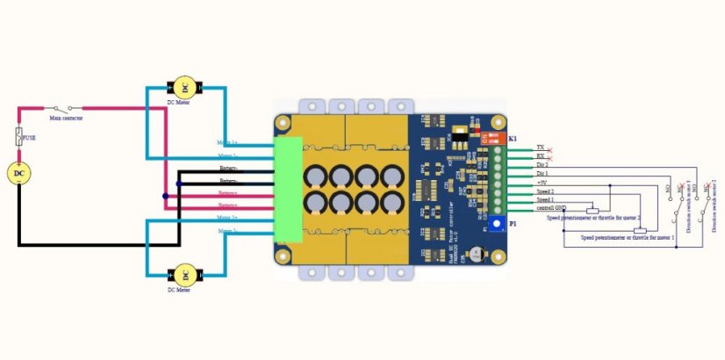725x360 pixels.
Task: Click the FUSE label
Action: pyautogui.click(x=28, y=138)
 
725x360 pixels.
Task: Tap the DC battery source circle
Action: pyautogui.click(x=19, y=173)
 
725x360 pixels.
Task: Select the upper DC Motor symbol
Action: pyautogui.click(x=184, y=87)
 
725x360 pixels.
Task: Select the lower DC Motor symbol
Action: pyautogui.click(x=184, y=275)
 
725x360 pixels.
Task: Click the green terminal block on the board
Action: pyautogui.click(x=287, y=189)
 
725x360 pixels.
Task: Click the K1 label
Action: pyautogui.click(x=513, y=140)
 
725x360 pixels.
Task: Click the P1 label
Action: pyautogui.click(x=513, y=224)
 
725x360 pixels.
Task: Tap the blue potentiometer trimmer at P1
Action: pyautogui.click(x=495, y=224)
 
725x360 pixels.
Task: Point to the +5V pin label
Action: pyautogui.click(x=542, y=183)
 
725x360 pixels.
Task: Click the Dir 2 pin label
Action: pyautogui.click(x=542, y=164)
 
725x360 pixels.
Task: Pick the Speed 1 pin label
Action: pyautogui.click(x=544, y=200)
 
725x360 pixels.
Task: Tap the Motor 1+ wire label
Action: pyautogui.click(x=227, y=142)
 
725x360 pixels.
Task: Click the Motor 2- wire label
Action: pyautogui.click(x=227, y=231)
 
